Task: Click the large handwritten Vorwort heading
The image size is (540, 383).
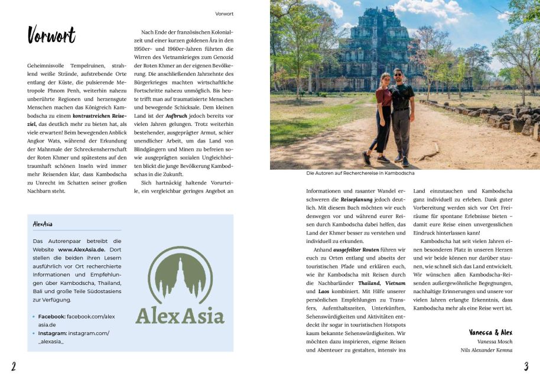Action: [x=51, y=35]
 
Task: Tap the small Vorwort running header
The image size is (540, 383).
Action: [x=224, y=13]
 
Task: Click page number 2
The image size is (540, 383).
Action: [x=13, y=366]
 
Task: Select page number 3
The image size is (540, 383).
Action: [x=525, y=366]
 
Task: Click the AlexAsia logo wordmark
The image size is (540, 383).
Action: [x=180, y=315]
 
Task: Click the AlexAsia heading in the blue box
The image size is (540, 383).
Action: [x=43, y=224]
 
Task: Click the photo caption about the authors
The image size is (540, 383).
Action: [x=360, y=174]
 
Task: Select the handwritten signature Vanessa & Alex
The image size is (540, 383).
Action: [x=490, y=333]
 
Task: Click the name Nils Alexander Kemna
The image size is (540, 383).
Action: [x=486, y=350]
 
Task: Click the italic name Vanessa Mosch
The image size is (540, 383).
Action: [x=495, y=342]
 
